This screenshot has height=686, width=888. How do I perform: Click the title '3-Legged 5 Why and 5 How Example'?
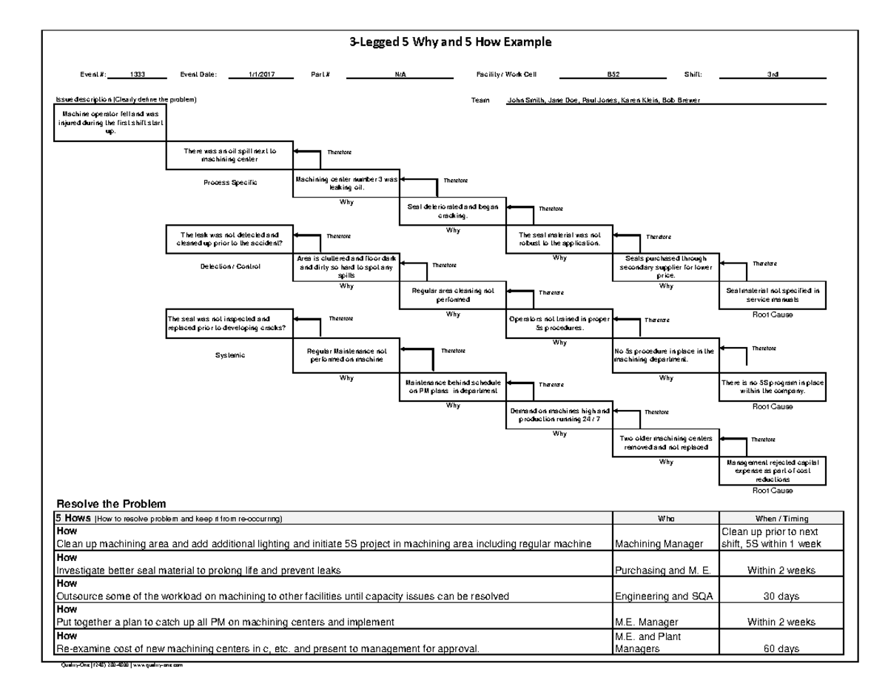tap(451, 42)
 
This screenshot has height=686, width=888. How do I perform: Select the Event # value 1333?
tap(137, 75)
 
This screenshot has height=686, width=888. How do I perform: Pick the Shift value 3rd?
tap(772, 75)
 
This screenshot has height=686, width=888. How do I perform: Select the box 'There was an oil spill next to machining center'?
tap(229, 155)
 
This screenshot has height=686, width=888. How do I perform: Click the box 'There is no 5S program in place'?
tap(772, 386)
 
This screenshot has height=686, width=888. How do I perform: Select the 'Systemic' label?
tap(229, 355)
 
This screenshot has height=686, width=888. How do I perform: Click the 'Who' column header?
tap(665, 518)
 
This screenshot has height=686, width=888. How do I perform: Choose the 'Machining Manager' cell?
tap(659, 545)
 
